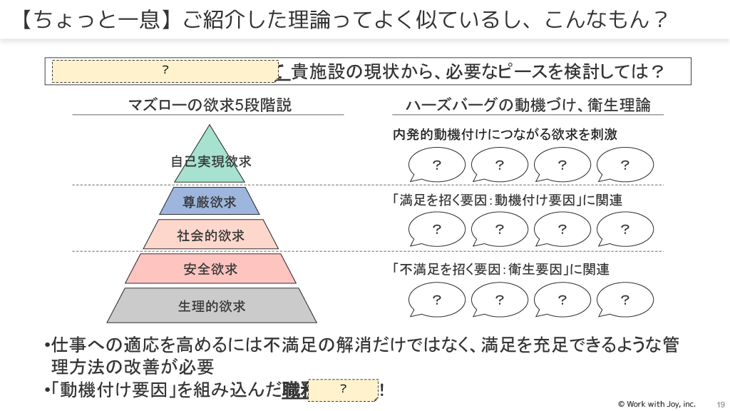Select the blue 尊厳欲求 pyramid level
click(x=210, y=201)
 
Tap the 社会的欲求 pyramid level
click(x=210, y=235)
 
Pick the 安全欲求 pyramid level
click(x=210, y=269)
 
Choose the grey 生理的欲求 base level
click(x=212, y=305)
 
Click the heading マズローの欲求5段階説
click(x=210, y=106)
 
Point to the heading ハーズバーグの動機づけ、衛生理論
click(x=528, y=106)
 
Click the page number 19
click(x=720, y=404)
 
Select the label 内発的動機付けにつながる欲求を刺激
click(x=505, y=134)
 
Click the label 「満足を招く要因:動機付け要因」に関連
click(x=507, y=201)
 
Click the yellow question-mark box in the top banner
click(x=165, y=71)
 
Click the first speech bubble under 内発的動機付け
click(x=436, y=166)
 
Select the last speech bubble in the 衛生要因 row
click(x=624, y=299)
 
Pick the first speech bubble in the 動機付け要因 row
click(x=436, y=229)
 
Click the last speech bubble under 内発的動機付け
click(x=624, y=166)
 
